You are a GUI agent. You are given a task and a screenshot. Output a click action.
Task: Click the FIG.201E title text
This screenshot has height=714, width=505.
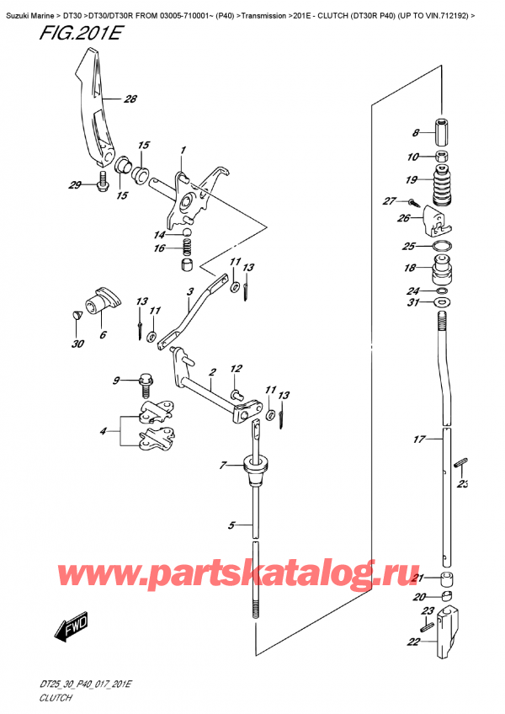click(x=81, y=33)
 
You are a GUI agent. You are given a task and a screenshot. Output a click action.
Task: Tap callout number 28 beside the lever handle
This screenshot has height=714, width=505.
click(x=130, y=99)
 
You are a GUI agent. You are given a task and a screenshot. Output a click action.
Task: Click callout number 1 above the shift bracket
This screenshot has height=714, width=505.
click(x=183, y=150)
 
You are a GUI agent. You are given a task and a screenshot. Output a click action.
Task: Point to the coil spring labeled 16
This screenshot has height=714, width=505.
click(x=186, y=248)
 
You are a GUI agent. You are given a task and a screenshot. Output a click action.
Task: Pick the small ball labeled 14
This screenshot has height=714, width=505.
click(x=187, y=233)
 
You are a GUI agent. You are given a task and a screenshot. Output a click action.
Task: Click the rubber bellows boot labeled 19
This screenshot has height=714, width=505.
click(x=441, y=186)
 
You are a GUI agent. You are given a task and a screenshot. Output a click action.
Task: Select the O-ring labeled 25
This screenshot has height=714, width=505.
click(x=441, y=247)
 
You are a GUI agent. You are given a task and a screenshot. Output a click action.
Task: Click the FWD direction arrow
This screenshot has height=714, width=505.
click(x=71, y=627)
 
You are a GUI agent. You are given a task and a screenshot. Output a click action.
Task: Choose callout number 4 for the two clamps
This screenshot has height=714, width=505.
click(x=104, y=430)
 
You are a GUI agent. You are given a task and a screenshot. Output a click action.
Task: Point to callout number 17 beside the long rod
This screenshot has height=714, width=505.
click(x=419, y=440)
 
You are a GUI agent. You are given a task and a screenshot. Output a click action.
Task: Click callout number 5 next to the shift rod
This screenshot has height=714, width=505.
click(x=231, y=526)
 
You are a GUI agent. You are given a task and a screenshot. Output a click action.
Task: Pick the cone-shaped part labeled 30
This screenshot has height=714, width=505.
click(x=77, y=315)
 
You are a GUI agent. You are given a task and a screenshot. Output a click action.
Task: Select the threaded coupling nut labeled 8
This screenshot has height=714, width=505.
click(x=442, y=131)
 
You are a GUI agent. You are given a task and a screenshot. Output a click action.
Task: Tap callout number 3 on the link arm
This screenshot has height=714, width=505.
click(x=190, y=291)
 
